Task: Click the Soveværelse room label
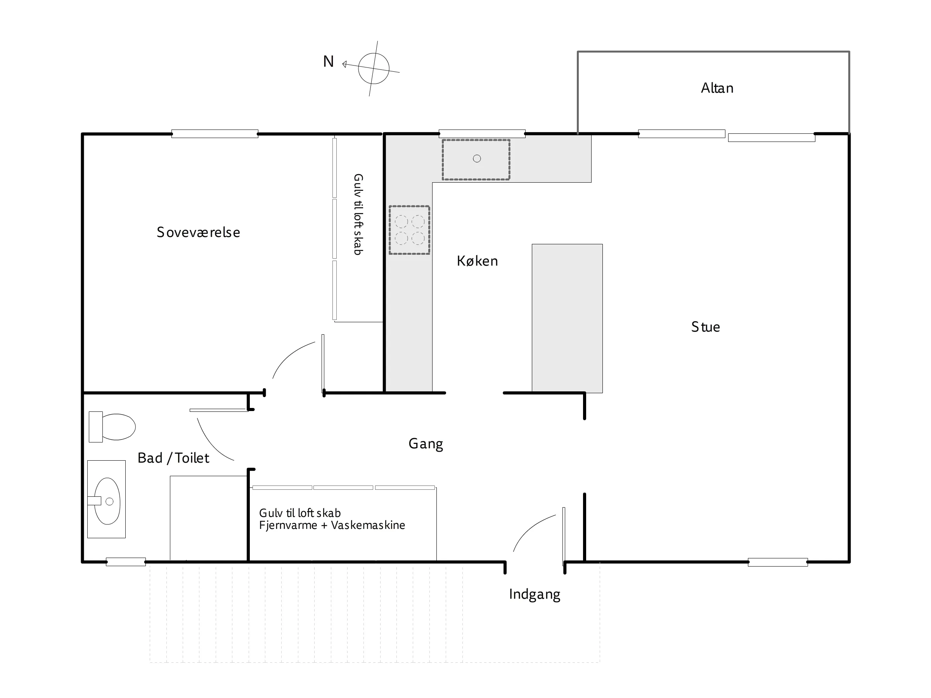[x=198, y=232]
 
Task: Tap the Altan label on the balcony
[x=717, y=88]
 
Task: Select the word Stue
[x=705, y=327]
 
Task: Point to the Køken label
[x=477, y=261]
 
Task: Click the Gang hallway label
[x=426, y=444]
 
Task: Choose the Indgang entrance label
[x=535, y=594]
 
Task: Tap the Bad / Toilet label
[x=173, y=458]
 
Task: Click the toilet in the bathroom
[x=112, y=427]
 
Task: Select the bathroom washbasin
[x=107, y=499]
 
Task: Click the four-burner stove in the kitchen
[x=409, y=230]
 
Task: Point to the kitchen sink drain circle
[x=477, y=159]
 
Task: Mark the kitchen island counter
[x=567, y=318]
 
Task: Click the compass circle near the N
[x=374, y=68]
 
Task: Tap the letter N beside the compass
[x=328, y=62]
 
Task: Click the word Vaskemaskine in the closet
[x=368, y=525]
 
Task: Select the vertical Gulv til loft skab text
[x=358, y=214]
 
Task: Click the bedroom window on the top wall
[x=215, y=134]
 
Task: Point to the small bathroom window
[x=126, y=562]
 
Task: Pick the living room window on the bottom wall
[x=778, y=562]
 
